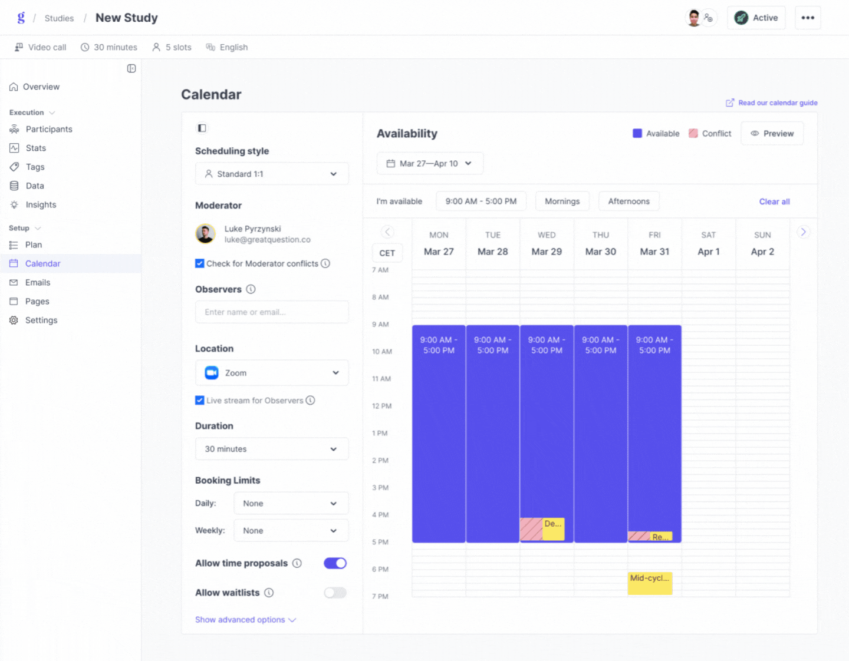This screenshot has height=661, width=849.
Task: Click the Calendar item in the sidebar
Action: pos(42,263)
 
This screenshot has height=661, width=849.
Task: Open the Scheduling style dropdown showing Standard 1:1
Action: pos(271,174)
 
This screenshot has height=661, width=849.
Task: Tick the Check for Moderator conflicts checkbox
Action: pos(200,263)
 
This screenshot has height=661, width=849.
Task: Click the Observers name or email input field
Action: pos(271,312)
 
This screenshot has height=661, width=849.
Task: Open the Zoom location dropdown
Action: pos(271,373)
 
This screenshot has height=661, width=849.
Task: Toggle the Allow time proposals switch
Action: pos(335,563)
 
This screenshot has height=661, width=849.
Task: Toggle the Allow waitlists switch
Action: pos(335,593)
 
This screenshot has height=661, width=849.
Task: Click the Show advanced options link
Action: pos(245,620)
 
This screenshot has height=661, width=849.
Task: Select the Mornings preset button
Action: pos(562,201)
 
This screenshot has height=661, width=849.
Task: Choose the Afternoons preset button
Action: pos(628,201)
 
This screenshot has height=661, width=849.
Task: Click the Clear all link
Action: pos(774,201)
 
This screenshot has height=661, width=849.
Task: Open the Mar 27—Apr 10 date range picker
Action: pos(430,163)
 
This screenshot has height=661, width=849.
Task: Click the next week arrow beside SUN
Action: pos(803,232)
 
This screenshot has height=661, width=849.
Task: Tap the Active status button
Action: pos(756,18)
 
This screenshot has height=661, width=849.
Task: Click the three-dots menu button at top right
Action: pos(808,18)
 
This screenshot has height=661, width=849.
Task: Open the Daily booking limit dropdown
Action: pos(291,504)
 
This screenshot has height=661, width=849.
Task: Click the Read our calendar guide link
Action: pos(777,103)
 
